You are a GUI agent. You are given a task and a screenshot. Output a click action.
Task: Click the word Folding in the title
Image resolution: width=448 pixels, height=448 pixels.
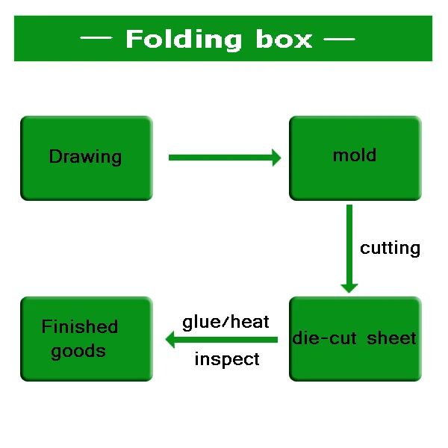[184, 40]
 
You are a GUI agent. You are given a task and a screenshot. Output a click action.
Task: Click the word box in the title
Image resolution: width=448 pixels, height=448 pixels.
[284, 39]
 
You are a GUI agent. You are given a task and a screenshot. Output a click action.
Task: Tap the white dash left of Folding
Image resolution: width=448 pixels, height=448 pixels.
[96, 37]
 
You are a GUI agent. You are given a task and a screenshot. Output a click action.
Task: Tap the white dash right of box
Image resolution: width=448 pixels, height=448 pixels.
[339, 39]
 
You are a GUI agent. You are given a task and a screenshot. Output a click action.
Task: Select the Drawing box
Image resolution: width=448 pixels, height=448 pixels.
[87, 158]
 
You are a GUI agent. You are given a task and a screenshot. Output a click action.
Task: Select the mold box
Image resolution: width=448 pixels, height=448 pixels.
[355, 158]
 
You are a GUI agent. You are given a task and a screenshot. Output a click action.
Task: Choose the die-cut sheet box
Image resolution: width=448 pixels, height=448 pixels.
[355, 339]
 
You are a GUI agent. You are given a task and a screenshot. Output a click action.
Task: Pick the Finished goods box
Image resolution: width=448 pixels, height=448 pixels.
[87, 339]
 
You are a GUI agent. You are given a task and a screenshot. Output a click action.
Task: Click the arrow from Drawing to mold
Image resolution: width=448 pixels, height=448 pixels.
[225, 158]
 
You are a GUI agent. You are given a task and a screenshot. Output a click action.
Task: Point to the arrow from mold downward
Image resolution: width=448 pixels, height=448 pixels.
[349, 249]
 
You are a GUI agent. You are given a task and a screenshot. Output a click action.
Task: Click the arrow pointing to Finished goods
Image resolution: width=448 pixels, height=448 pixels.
[222, 340]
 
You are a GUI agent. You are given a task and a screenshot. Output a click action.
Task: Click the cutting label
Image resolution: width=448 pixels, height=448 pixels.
[390, 249]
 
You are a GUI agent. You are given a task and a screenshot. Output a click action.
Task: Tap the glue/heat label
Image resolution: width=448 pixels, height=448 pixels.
[225, 322]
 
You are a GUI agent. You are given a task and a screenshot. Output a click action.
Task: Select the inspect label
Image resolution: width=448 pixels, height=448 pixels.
[227, 358]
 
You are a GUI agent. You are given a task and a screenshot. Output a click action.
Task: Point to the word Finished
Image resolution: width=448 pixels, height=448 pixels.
[80, 326]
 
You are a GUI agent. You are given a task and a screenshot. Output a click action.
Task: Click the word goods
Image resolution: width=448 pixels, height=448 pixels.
[78, 351]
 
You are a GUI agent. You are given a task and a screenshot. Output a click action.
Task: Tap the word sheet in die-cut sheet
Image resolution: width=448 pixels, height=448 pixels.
[391, 338]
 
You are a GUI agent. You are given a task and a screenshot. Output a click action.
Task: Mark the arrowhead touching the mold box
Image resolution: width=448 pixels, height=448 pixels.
[276, 158]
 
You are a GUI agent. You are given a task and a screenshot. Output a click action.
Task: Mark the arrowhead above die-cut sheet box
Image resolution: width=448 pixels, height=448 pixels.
[349, 288]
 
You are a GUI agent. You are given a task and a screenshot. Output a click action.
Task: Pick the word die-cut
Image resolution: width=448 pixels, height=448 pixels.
[324, 338]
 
